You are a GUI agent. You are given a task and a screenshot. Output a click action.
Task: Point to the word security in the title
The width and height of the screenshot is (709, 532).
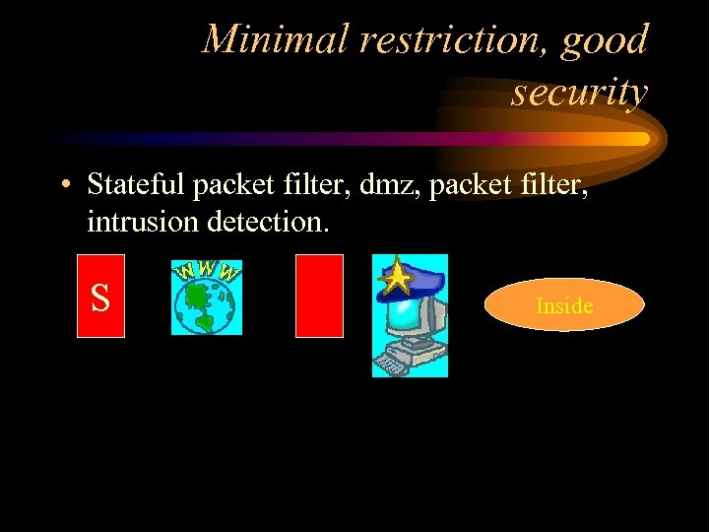(x=579, y=92)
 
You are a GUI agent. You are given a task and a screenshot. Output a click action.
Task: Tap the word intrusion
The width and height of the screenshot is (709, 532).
(x=144, y=222)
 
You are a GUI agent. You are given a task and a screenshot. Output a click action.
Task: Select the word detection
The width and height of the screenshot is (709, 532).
(x=265, y=222)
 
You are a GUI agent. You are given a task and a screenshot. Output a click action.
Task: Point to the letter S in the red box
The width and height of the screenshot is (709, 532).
(x=100, y=298)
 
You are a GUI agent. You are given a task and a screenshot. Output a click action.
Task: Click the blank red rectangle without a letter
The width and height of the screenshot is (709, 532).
(x=319, y=296)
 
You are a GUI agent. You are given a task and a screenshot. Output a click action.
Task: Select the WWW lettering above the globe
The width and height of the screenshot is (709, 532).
(x=208, y=271)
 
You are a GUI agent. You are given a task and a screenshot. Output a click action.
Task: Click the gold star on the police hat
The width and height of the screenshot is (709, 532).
(x=396, y=278)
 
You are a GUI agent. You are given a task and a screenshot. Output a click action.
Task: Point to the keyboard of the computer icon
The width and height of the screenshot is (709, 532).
(x=392, y=366)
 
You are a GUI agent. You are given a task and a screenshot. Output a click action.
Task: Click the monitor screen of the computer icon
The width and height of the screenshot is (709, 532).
(x=407, y=315)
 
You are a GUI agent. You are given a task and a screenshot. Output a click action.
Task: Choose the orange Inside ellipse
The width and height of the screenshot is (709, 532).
(x=563, y=305)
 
